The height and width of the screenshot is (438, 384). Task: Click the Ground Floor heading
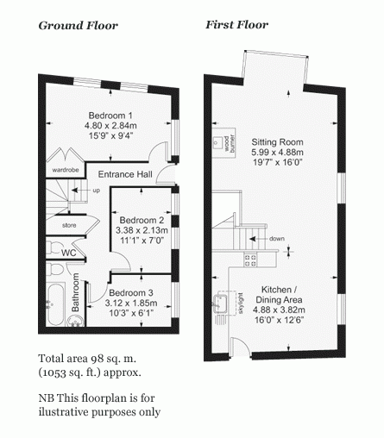(78, 26)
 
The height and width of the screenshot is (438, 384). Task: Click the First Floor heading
(236, 25)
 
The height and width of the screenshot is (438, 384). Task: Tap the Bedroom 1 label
(110, 116)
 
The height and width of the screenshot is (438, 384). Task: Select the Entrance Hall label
(125, 174)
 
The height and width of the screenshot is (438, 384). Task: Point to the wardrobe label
(66, 170)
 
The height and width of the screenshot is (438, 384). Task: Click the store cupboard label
(69, 225)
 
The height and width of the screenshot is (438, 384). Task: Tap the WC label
(69, 253)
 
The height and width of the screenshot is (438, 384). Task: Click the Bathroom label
(76, 292)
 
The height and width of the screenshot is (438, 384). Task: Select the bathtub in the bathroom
(55, 305)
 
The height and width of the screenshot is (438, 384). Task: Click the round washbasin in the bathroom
(76, 320)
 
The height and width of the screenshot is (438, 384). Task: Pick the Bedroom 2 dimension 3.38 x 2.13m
(142, 230)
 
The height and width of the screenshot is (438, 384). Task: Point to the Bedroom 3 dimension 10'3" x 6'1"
(131, 313)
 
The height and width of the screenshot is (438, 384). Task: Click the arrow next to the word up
(79, 191)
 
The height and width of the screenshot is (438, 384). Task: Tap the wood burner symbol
(224, 143)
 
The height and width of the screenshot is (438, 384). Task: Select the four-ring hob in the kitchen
(250, 260)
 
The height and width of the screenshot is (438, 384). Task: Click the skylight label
(241, 303)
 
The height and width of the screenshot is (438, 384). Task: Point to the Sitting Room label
(277, 142)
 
